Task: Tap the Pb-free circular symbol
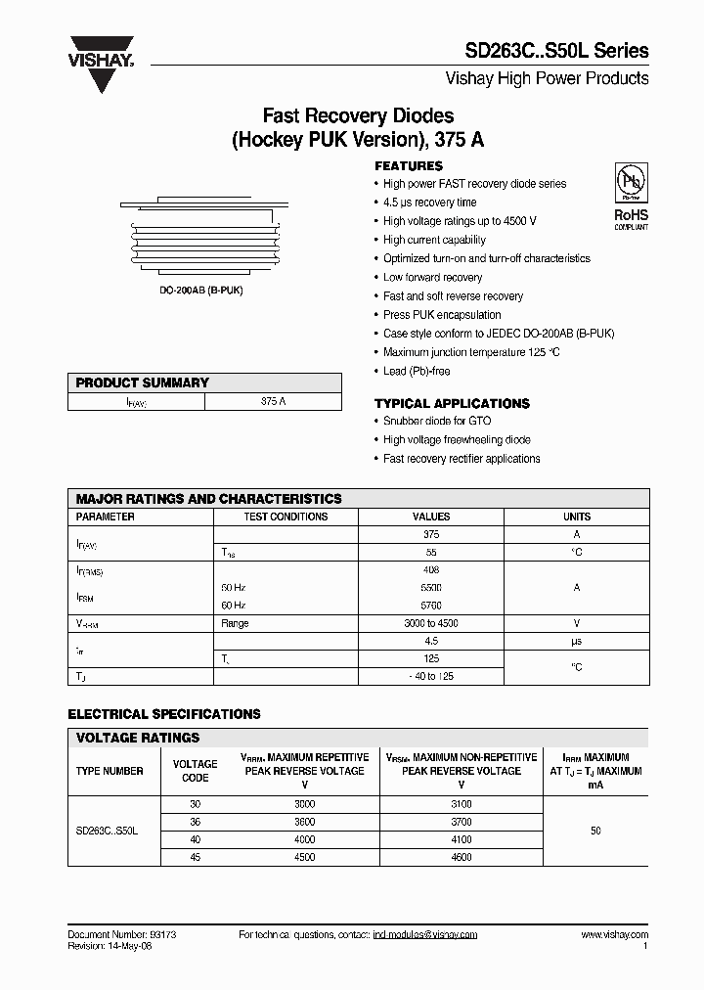(631, 183)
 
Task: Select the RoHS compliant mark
(631, 218)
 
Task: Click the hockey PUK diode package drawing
(205, 236)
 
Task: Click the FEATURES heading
(409, 166)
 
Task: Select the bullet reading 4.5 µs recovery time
(430, 202)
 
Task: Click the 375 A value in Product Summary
(274, 401)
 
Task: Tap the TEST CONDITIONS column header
(286, 517)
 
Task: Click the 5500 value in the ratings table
(431, 588)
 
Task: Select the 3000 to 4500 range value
(431, 623)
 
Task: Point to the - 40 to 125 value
(431, 676)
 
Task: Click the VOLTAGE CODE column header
(196, 771)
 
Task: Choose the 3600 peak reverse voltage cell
(304, 822)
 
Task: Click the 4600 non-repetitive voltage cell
(462, 857)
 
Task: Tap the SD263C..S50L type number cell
(108, 831)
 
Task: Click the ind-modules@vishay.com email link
(425, 935)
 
